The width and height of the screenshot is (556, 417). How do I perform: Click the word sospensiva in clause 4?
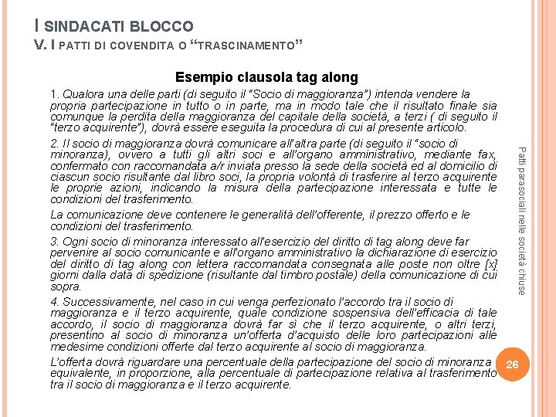tap(341, 313)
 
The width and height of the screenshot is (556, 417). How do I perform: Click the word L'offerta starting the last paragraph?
tap(72, 362)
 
